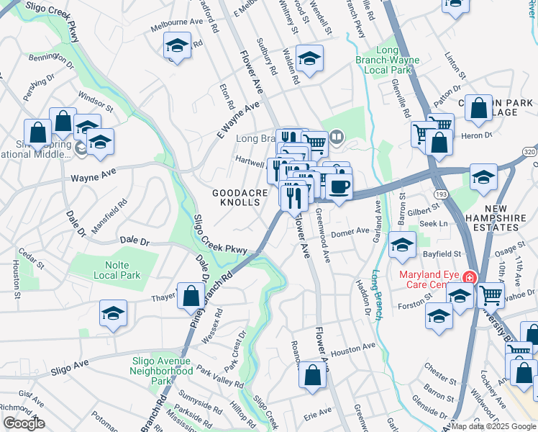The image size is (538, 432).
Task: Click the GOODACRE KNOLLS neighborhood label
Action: pyautogui.click(x=240, y=198)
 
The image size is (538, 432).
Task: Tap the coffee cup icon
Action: pyautogui.click(x=339, y=187)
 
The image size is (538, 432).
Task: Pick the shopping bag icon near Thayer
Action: pyautogui.click(x=191, y=296)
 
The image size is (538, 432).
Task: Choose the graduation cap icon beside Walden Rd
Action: pyautogui.click(x=309, y=59)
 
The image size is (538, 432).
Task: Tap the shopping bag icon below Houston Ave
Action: pyautogui.click(x=312, y=376)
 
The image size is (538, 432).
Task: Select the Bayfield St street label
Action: pyautogui.click(x=442, y=254)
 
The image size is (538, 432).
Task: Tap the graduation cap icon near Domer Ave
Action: pyautogui.click(x=402, y=246)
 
